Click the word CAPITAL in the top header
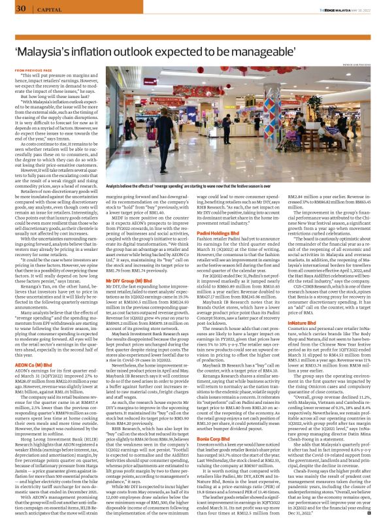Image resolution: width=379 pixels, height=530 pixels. [x=44, y=9]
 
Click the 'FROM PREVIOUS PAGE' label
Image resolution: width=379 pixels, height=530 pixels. [x=30, y=69]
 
